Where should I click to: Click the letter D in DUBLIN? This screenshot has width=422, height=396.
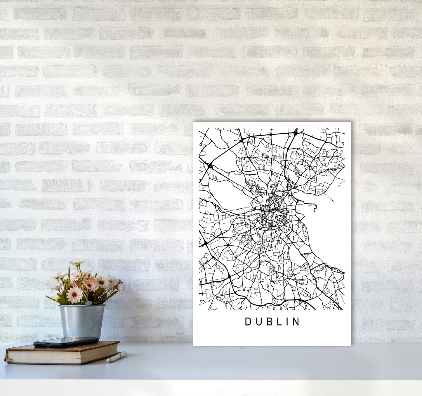247,322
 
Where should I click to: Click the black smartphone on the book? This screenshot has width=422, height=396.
66,342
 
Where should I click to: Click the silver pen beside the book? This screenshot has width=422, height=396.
117,357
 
